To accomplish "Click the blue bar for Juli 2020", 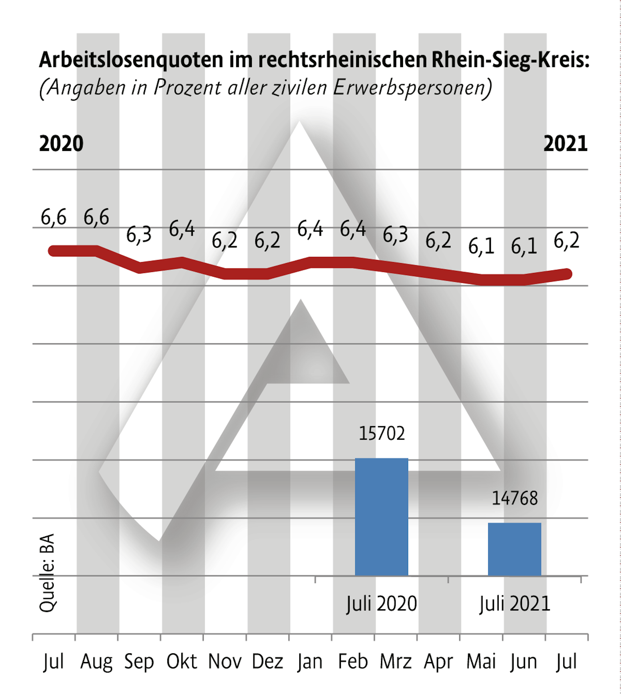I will [382, 517].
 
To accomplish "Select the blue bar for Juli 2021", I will [514, 549].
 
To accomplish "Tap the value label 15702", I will [382, 434].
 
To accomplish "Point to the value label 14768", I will [514, 498].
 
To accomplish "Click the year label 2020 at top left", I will [61, 144].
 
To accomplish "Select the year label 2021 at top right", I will [565, 144].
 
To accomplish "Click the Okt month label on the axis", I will [182, 662].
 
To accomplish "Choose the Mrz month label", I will [396, 662].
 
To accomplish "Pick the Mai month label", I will [481, 662].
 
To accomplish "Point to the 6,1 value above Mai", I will [481, 247].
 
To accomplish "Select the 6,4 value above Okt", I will [182, 229].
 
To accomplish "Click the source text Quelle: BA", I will [47, 573].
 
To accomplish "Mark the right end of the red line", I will [567, 274].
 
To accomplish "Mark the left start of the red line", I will [53, 251].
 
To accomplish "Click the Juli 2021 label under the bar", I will [514, 604].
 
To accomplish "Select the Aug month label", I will [96, 662].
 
